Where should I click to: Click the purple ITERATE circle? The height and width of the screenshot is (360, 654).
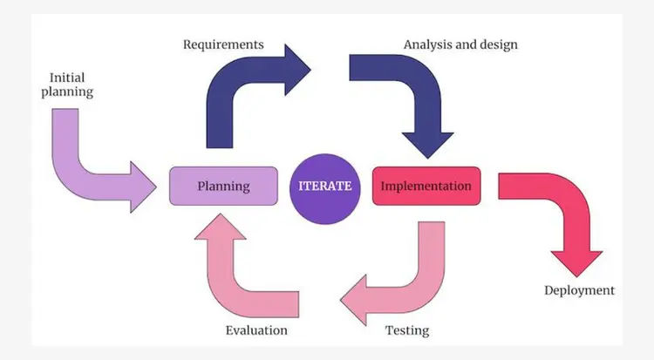point(325,186)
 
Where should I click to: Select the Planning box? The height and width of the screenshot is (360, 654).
point(223,186)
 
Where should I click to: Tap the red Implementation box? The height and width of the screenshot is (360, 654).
point(426,186)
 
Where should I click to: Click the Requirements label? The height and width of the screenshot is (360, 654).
point(223,44)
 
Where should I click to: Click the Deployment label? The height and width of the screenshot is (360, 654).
point(579,290)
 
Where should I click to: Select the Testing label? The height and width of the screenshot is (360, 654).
point(407,330)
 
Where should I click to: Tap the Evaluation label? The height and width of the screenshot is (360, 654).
point(256,330)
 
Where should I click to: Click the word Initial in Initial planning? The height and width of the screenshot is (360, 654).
point(67,76)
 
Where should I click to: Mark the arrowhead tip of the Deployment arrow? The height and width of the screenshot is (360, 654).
point(576,272)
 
